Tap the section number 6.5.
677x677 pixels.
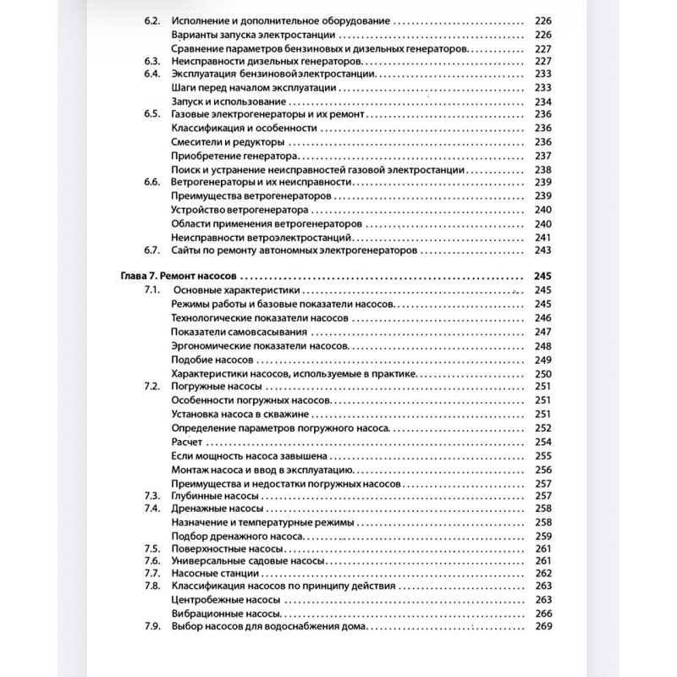pyautogui.click(x=152, y=113)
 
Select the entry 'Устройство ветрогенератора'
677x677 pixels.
pyautogui.click(x=228, y=209)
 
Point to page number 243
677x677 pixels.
pyautogui.click(x=542, y=250)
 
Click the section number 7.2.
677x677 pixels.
pyautogui.click(x=152, y=386)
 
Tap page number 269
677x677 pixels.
pyautogui.click(x=542, y=627)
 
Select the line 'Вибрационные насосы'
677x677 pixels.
pyautogui.click(x=225, y=614)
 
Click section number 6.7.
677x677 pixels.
pyautogui.click(x=152, y=250)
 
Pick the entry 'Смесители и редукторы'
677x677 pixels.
pyautogui.click(x=223, y=141)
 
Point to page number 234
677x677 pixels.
pyautogui.click(x=542, y=101)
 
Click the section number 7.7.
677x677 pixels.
pyautogui.click(x=152, y=573)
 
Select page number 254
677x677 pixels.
pyautogui.click(x=542, y=442)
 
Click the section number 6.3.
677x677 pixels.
pyautogui.click(x=152, y=61)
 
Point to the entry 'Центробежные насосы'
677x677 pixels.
pyautogui.click(x=226, y=600)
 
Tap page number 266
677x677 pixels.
pyautogui.click(x=542, y=614)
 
